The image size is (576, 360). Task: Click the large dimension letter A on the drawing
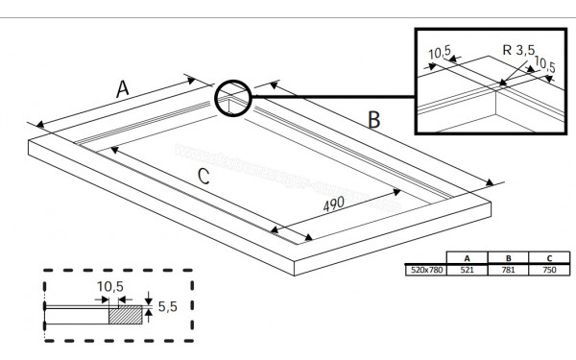[123, 88]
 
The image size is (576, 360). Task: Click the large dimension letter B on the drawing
[375, 119]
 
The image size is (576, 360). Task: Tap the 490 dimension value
[334, 206]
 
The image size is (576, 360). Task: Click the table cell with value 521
[467, 271]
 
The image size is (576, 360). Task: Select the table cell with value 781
[509, 271]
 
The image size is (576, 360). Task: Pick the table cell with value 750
[550, 271]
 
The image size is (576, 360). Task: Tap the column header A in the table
[467, 259]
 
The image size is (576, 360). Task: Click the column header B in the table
[509, 259]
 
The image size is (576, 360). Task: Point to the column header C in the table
[550, 259]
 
